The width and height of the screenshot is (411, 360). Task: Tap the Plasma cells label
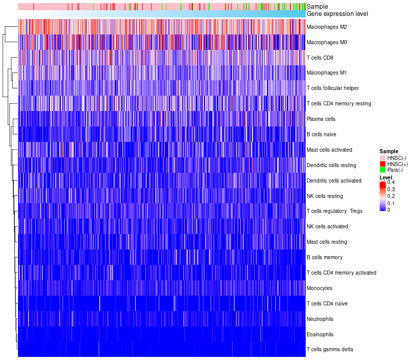tap(321, 119)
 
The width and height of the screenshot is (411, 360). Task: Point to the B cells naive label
tap(322, 134)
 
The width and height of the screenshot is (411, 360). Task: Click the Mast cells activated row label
tap(329, 150)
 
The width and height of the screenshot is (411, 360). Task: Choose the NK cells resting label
tap(325, 196)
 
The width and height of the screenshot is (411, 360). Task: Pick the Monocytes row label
tap(320, 288)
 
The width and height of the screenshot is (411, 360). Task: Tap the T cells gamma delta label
tap(330, 350)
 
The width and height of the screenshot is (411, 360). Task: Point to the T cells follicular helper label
tap(332, 88)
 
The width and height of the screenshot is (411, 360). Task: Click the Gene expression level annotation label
tap(337, 13)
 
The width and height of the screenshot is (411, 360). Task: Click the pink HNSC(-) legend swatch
tap(383, 157)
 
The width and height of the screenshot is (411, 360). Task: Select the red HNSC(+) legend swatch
tap(383, 164)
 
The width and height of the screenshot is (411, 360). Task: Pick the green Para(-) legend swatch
tap(383, 170)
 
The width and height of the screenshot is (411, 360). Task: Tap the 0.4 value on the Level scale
tap(391, 183)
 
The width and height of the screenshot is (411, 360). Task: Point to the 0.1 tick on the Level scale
tap(391, 203)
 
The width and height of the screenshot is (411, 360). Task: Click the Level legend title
tap(386, 177)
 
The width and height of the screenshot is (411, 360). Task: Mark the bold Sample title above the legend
tap(389, 151)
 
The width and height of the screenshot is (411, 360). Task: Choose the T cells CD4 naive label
tap(327, 303)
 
